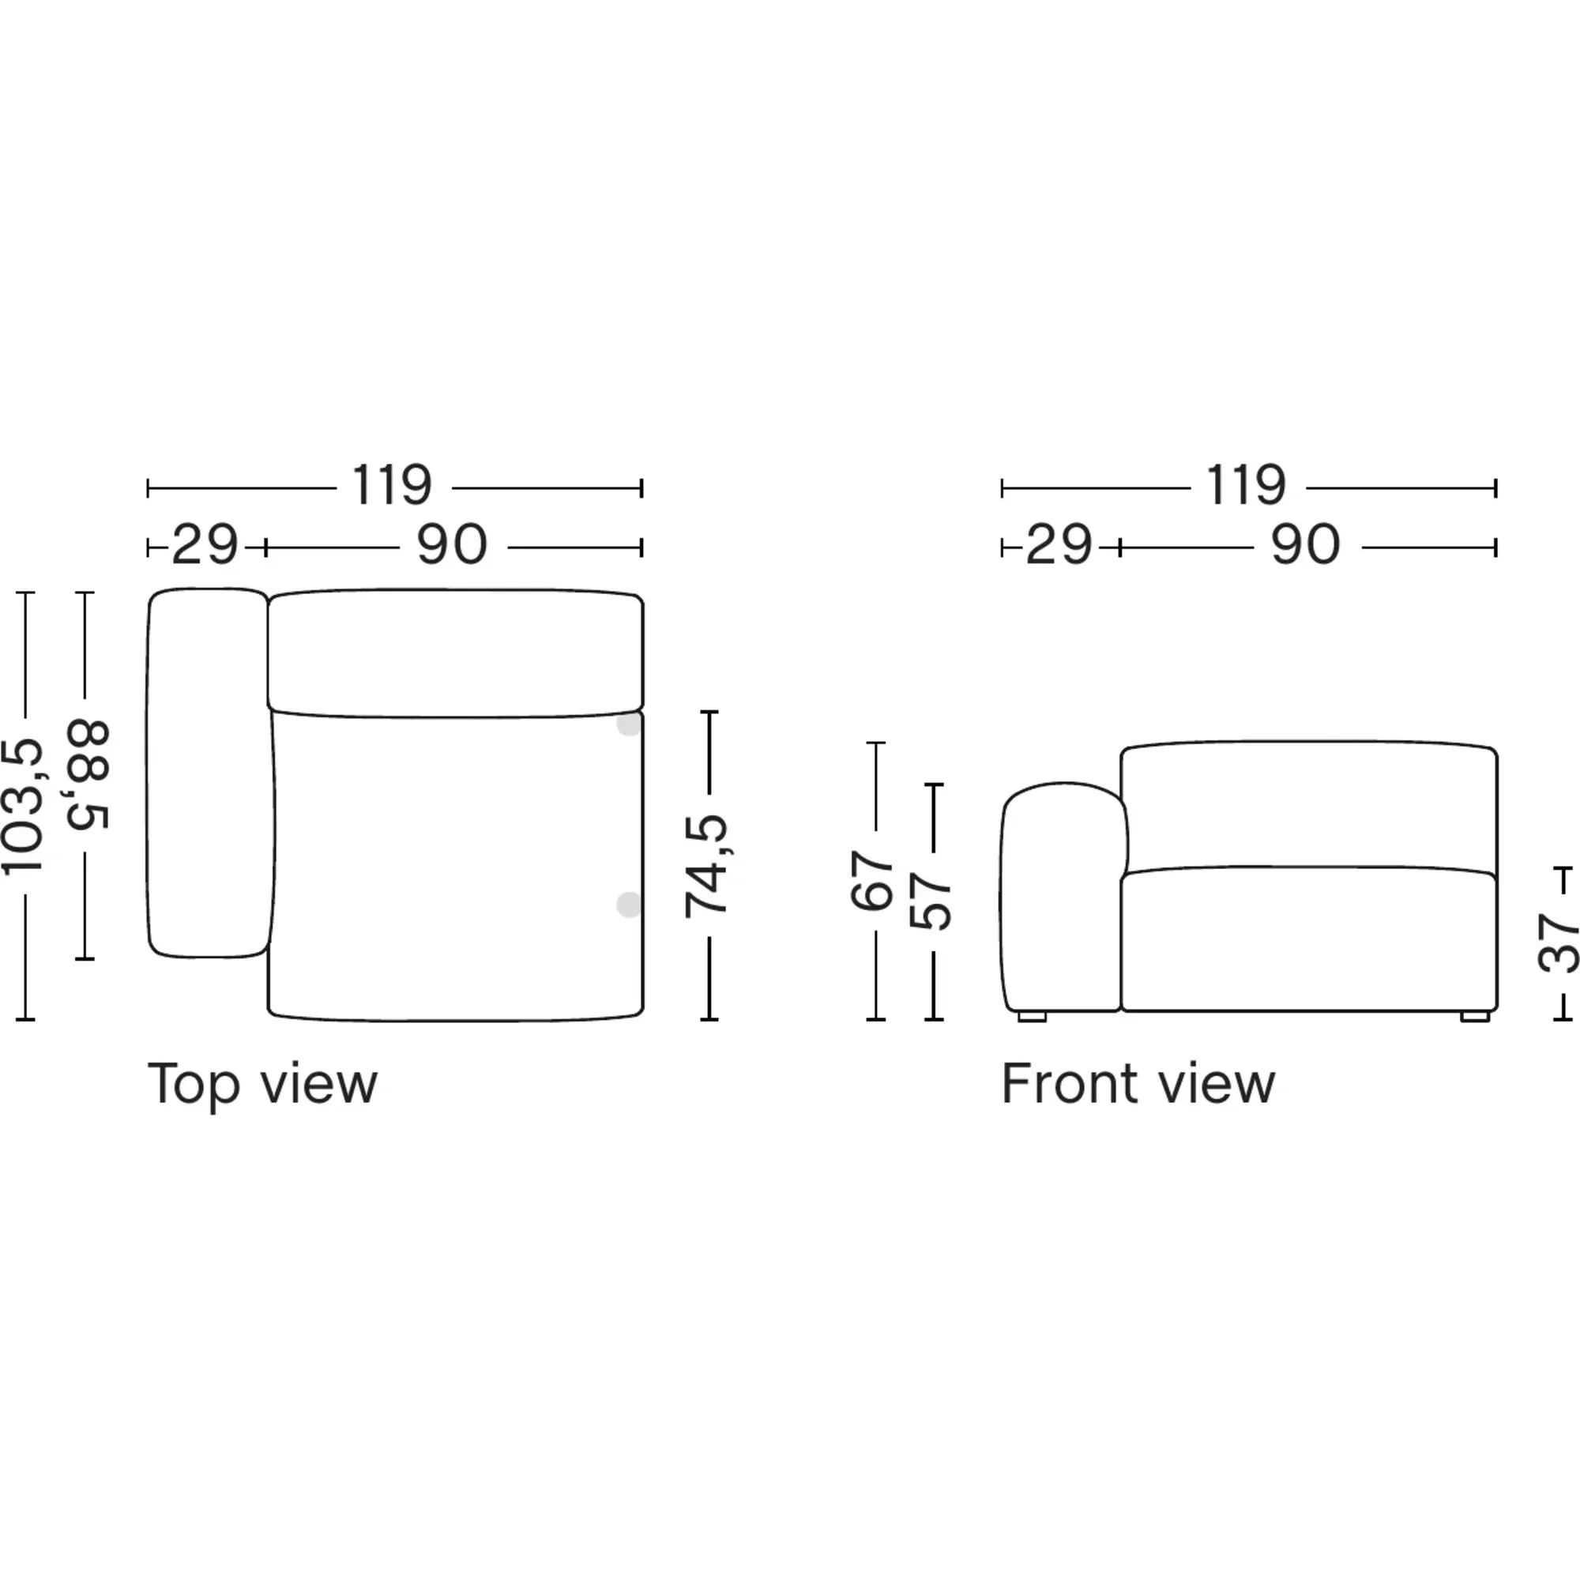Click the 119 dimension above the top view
[x=392, y=486]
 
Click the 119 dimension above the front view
[x=1247, y=486]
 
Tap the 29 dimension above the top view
[x=205, y=544]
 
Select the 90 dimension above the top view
[x=452, y=544]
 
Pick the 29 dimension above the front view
[x=1059, y=544]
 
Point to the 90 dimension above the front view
[x=1306, y=544]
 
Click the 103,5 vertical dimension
[x=22, y=807]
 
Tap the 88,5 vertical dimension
[x=88, y=775]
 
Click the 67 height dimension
[x=872, y=881]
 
